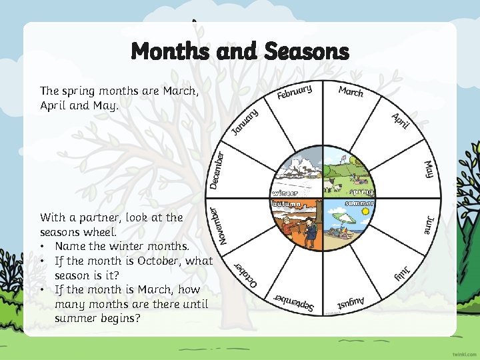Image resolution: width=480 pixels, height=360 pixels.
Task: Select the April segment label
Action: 399,121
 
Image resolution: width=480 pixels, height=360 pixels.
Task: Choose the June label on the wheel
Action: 430,225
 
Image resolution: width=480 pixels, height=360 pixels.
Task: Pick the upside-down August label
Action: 351,303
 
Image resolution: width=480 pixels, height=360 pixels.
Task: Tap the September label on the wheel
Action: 295,303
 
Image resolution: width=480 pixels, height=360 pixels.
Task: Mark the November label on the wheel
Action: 216,225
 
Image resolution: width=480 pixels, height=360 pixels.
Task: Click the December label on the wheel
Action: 217,169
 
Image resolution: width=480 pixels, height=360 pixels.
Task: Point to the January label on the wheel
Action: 245,121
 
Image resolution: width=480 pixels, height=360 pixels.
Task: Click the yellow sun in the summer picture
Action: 365,211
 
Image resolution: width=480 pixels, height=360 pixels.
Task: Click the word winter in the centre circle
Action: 289,193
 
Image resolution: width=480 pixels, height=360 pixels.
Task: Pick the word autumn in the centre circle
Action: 289,203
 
